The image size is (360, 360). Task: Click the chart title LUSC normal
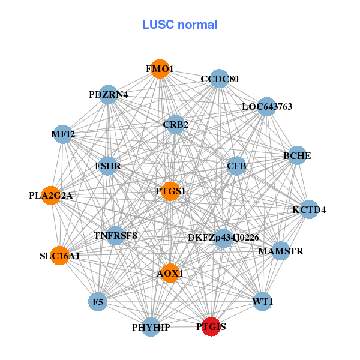coord(180,25)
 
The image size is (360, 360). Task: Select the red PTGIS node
coord(210,327)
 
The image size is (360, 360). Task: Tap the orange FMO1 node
coord(160,69)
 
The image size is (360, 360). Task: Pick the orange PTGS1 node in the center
coord(170,191)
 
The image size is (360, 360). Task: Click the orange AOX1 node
coord(170,273)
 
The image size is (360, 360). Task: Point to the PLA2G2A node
coord(51,195)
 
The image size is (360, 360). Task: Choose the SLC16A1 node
coord(59,256)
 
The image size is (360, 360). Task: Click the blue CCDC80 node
coord(219,79)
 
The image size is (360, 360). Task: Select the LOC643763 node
coord(267,107)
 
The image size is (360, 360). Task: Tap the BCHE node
coord(297,155)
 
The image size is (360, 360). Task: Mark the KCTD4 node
coord(309,209)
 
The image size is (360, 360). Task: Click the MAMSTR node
coord(281,251)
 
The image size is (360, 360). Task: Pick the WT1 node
coord(263,301)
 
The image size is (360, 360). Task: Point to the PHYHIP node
coord(151,327)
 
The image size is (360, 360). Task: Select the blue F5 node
coord(97,301)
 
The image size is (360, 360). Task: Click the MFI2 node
coord(63,134)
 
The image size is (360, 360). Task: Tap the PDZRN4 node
coord(108,95)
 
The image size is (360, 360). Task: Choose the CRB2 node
coord(175,125)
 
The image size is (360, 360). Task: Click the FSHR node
coord(108,166)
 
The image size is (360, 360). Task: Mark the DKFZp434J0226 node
coord(223,238)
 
